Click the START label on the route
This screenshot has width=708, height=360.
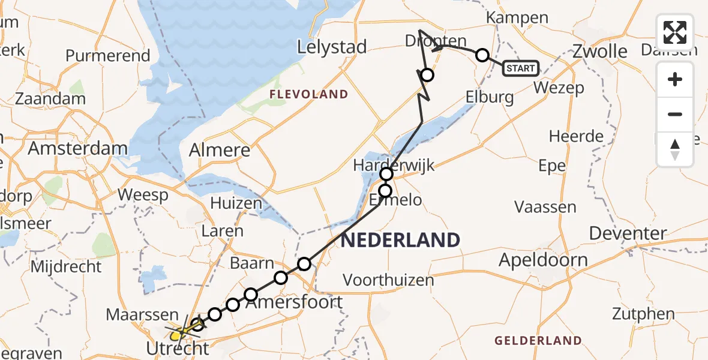tap(520, 68)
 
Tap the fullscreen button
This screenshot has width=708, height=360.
tap(675, 32)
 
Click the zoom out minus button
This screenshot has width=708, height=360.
tap(675, 114)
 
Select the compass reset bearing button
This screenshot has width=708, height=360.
tap(675, 149)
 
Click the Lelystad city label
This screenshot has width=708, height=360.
tap(332, 47)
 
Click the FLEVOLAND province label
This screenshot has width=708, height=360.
tap(308, 94)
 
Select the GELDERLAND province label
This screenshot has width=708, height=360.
tap(538, 341)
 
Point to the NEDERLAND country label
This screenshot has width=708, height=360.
tap(400, 240)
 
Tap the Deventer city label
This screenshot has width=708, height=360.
tap(628, 233)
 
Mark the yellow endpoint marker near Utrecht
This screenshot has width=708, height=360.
tap(175, 335)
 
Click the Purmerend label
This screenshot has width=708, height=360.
tap(108, 56)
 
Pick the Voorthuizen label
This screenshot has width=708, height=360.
tap(388, 280)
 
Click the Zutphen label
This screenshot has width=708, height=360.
tap(643, 313)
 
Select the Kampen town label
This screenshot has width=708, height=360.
tap(517, 18)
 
